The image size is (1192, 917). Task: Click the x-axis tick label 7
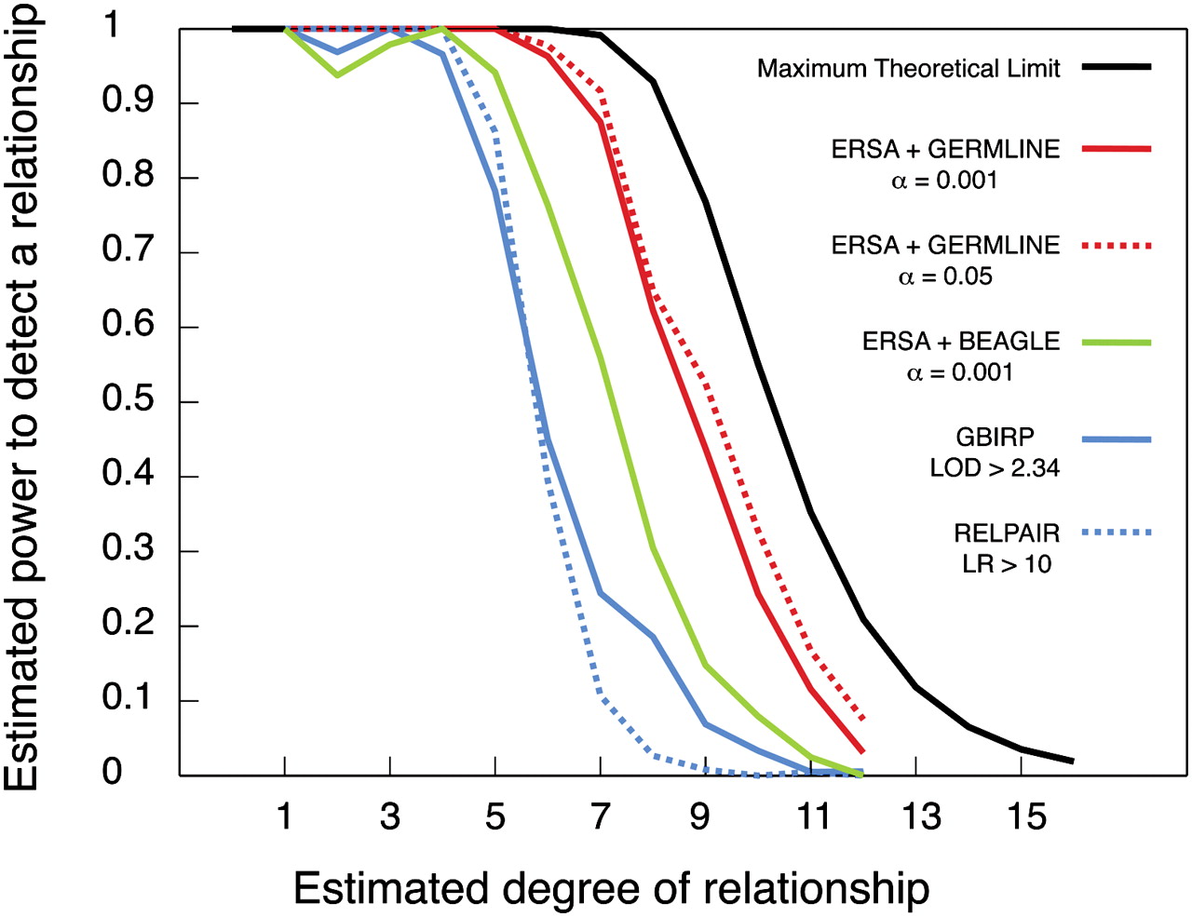point(601,816)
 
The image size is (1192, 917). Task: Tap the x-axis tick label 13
point(920,816)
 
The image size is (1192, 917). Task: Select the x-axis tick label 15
point(1026,816)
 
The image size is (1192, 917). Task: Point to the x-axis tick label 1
point(284,816)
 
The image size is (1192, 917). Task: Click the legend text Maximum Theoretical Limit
point(908,69)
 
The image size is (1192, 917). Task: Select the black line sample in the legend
point(1117,67)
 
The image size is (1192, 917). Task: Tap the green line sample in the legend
point(1117,343)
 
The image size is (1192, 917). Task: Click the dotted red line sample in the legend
point(1117,246)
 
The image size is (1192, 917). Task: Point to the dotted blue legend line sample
point(1117,533)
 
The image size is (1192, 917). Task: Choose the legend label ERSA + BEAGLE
point(960,342)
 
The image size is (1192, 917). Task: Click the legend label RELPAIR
point(1007,533)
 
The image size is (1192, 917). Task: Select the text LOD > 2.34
point(995,467)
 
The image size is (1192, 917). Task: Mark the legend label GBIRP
point(995,437)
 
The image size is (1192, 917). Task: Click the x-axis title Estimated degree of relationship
point(611,888)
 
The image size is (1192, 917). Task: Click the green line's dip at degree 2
point(337,74)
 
